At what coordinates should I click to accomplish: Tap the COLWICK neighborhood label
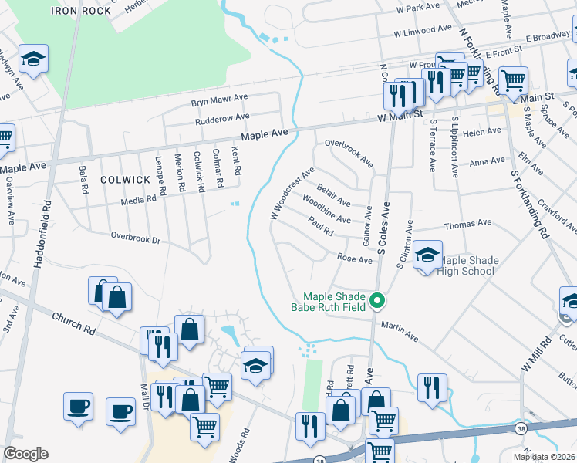pyautogui.click(x=125, y=179)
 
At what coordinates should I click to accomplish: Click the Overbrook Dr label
pyautogui.click(x=135, y=238)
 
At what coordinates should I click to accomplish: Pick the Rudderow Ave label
pyautogui.click(x=222, y=117)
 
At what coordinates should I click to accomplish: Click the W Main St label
pyautogui.click(x=400, y=114)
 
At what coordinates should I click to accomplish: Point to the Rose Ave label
pyautogui.click(x=355, y=259)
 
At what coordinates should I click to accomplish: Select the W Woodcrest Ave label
pyautogui.click(x=292, y=191)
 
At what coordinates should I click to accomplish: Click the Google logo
pyautogui.click(x=25, y=454)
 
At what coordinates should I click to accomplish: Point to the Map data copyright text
pyautogui.click(x=544, y=457)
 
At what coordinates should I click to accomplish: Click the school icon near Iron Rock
pyautogui.click(x=33, y=59)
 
